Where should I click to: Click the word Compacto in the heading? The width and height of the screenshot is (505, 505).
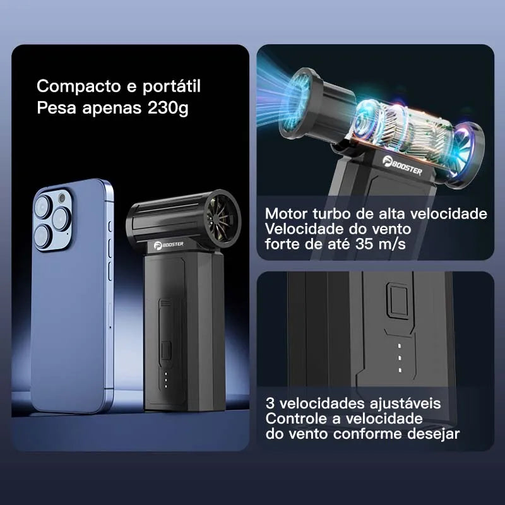pyautogui.click(x=79, y=87)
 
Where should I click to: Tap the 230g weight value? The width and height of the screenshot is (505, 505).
pyautogui.click(x=168, y=108)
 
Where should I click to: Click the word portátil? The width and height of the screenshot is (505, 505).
pyautogui.click(x=171, y=86)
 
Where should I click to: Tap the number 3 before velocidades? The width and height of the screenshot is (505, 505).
pyautogui.click(x=270, y=403)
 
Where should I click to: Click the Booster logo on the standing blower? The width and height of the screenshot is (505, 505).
pyautogui.click(x=169, y=245)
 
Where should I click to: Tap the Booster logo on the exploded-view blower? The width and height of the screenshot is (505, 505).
pyautogui.click(x=402, y=165)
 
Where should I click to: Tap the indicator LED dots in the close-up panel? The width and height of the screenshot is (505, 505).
pyautogui.click(x=400, y=358)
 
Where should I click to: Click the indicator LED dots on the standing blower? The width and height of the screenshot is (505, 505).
pyautogui.click(x=166, y=380)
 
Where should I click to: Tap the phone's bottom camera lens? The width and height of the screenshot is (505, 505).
pyautogui.click(x=43, y=236)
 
